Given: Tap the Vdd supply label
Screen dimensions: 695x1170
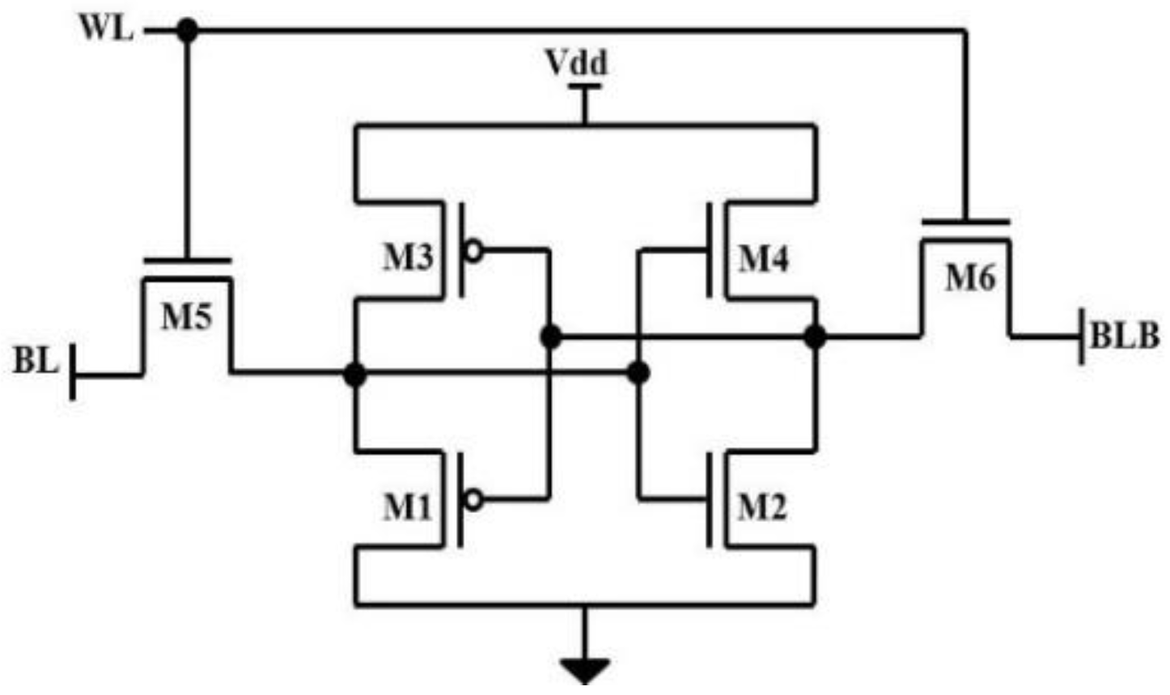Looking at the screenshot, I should [x=577, y=63].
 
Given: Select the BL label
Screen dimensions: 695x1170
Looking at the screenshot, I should [x=36, y=361].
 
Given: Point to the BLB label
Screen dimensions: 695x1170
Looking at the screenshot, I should [x=1125, y=336].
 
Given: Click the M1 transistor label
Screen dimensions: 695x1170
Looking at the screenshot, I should [x=408, y=507].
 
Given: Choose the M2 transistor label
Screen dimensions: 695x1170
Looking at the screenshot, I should [x=762, y=507].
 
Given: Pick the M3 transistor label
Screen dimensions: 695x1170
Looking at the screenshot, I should [x=408, y=257].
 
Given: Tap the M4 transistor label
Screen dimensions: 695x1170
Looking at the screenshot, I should [x=763, y=259].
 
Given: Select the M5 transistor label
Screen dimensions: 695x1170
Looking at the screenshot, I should [x=186, y=316].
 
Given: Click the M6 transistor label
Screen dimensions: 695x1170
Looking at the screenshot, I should [x=970, y=278].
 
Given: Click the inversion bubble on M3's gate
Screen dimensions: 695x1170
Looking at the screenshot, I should [x=474, y=252].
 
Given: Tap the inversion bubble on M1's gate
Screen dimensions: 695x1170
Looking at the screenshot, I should [x=474, y=501].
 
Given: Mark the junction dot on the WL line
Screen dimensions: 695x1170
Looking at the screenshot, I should [x=188, y=31].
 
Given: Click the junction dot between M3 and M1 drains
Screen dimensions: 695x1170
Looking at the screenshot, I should [x=354, y=374].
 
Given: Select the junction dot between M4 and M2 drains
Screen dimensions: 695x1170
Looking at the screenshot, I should [x=815, y=336].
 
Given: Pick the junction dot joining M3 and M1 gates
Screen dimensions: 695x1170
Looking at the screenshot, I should [x=551, y=336].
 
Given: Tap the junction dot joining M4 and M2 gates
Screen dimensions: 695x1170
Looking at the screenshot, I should [x=638, y=373].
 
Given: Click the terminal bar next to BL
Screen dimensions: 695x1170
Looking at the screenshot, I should [x=73, y=372].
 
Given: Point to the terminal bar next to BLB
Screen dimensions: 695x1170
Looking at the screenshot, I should [x=1082, y=337].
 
